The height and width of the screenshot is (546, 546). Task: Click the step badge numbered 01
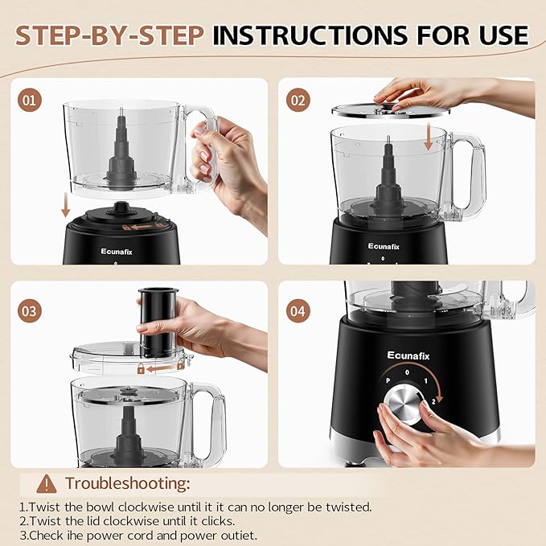click(30, 101)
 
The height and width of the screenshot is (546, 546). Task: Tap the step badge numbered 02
click(299, 101)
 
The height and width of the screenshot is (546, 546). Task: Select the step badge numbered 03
click(30, 310)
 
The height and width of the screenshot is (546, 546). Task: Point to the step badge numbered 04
click(299, 310)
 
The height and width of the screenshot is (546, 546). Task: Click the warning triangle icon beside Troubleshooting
click(47, 483)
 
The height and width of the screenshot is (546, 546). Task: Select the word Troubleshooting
click(128, 483)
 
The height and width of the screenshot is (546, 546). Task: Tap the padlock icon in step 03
click(141, 369)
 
